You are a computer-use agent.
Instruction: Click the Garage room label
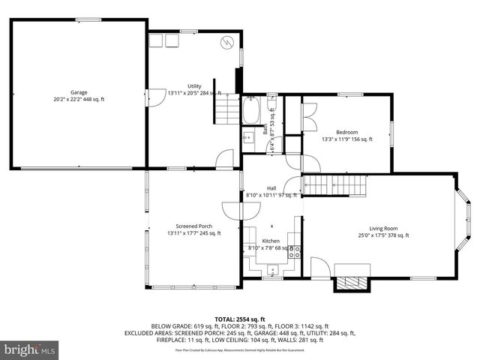point(79,92)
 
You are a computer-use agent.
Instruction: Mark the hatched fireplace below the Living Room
point(352,283)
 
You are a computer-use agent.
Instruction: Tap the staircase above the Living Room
point(337,184)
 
